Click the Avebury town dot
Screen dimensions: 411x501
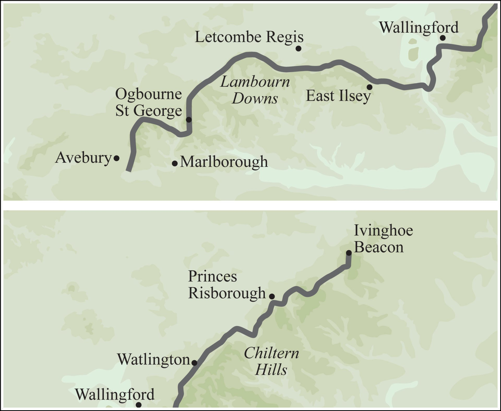[117, 158]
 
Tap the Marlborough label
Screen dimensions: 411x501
[224, 162]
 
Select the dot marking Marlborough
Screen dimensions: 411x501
[175, 164]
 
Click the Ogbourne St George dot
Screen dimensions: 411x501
[189, 120]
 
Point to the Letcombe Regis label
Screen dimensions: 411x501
[249, 37]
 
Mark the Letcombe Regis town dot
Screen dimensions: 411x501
[299, 48]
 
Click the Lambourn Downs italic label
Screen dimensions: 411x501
[255, 90]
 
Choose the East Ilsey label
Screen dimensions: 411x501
[338, 96]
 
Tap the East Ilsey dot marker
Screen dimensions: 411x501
[369, 87]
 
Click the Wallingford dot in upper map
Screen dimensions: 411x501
[443, 38]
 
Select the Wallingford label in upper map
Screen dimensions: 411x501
[419, 27]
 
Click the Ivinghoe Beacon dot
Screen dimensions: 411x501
[349, 253]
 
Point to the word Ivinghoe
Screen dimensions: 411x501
[383, 231]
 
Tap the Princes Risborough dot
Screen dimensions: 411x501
[272, 296]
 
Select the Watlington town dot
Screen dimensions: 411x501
[194, 363]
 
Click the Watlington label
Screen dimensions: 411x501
[153, 360]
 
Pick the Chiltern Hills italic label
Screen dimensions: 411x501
[271, 361]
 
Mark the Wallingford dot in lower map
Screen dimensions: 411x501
[139, 405]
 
